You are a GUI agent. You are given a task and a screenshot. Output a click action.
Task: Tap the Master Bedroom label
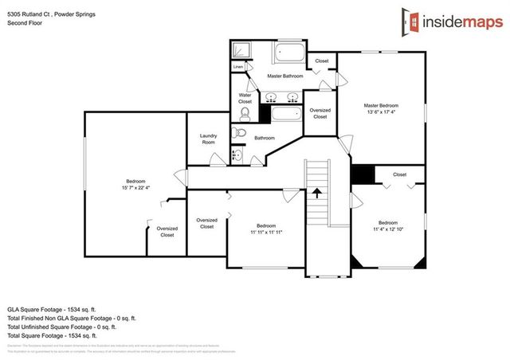click(381, 106)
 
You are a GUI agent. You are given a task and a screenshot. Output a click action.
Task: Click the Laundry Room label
click(208, 139)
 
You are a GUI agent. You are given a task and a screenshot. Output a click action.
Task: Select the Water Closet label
click(245, 99)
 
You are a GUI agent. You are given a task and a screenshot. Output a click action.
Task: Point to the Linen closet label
click(238, 68)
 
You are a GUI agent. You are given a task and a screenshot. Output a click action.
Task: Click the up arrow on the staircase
click(317, 192)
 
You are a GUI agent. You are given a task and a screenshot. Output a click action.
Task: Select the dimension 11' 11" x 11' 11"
click(266, 232)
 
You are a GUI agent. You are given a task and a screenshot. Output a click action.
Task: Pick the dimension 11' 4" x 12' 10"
click(387, 229)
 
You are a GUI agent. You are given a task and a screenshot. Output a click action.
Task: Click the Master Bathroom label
click(284, 76)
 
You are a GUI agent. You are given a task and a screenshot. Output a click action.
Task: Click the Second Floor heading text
click(24, 23)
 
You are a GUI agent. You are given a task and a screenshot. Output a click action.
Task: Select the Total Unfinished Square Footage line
click(62, 327)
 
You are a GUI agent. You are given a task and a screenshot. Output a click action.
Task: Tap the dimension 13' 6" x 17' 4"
click(381, 112)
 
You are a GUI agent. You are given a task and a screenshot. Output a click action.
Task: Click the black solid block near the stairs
click(363, 174)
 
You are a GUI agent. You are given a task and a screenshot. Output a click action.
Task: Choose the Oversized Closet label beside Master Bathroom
click(320, 113)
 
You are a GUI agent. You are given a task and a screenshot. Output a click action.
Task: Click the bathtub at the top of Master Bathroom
click(290, 54)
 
